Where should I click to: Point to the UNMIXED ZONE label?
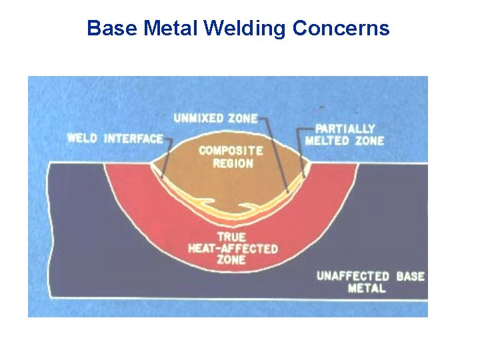coord(215,118)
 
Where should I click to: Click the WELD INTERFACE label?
coord(115,139)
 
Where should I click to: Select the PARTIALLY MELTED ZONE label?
coord(344,134)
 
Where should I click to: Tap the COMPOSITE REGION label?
coord(231,157)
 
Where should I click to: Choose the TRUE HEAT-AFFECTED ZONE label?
coord(232,248)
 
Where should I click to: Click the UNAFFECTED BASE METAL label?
coord(370,282)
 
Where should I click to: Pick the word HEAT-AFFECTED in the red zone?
coord(232,248)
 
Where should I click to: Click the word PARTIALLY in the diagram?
coord(345,128)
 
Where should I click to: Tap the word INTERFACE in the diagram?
coord(133,139)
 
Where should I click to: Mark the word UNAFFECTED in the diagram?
coord(353,276)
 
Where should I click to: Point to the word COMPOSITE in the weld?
coord(231,151)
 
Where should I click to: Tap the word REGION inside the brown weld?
coord(231,163)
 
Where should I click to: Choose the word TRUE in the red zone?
coord(231,237)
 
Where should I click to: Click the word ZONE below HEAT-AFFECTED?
coord(231,260)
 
